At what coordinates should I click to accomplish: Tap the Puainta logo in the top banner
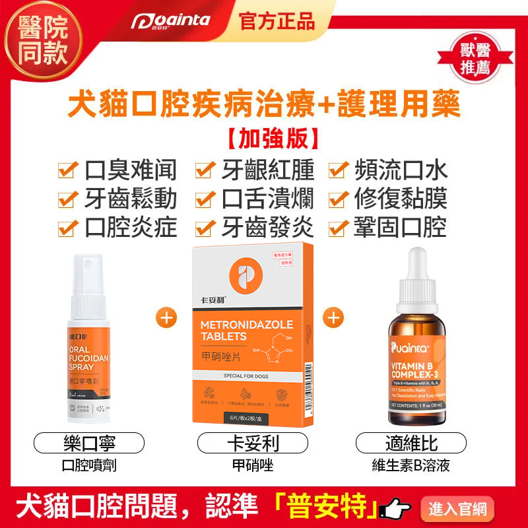170,22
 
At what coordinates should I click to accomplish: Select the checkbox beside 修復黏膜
339,199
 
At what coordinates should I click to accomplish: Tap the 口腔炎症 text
130,228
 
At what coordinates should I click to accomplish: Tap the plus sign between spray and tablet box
166,317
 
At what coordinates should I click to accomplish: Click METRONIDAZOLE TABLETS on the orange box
243,330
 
